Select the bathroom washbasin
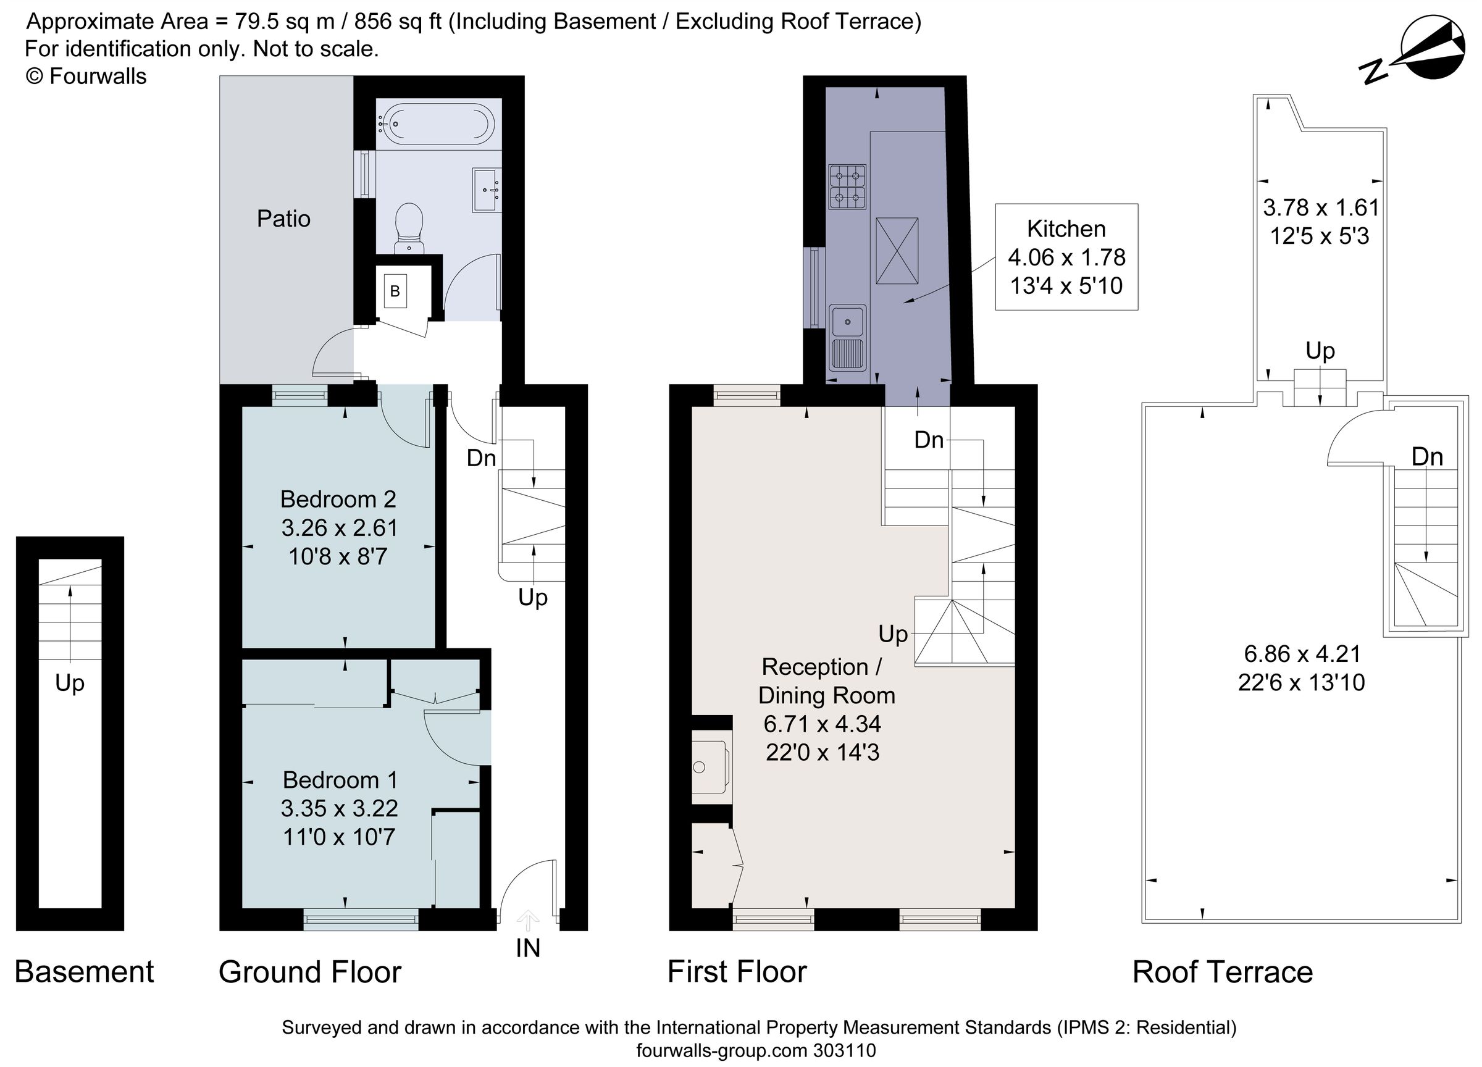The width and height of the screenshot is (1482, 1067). [487, 190]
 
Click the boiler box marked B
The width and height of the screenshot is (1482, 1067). [395, 291]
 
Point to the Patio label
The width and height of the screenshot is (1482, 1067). [283, 219]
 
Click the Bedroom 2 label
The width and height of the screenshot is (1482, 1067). [338, 499]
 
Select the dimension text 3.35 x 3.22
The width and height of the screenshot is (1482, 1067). [339, 808]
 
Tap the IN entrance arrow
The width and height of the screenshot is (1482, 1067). [527, 922]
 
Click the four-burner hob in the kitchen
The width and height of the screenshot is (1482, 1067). [847, 186]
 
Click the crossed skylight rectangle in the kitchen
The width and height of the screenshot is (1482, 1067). [897, 251]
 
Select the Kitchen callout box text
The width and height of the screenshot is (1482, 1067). [1066, 257]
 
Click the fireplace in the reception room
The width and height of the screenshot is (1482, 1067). [709, 767]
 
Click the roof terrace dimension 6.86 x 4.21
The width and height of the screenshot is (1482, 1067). [1301, 653]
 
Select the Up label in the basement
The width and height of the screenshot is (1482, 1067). [69, 683]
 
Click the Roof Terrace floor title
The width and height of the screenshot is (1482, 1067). [1222, 973]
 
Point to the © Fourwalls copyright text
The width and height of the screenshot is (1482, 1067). [86, 77]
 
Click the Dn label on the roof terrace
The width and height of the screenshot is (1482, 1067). [1427, 457]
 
